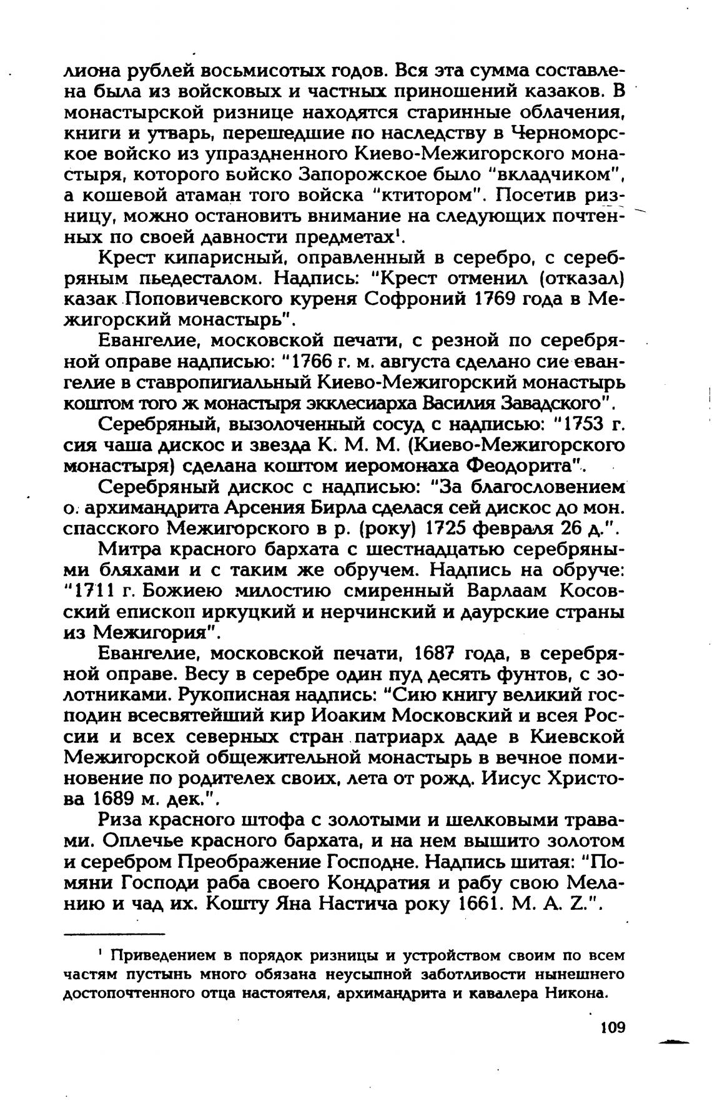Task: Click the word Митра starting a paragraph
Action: click(129, 549)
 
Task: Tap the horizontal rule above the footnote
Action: click(115, 934)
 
